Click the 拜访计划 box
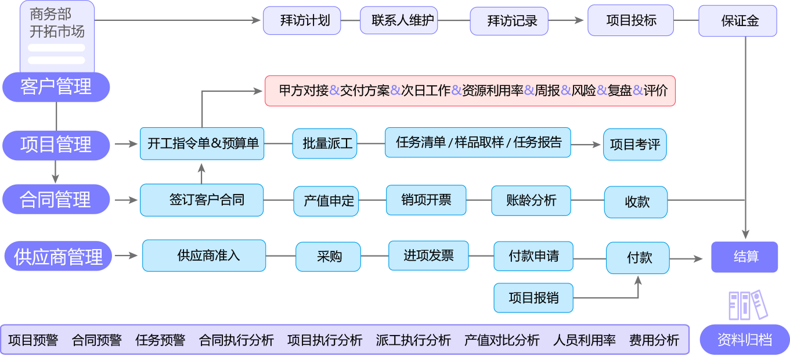coord(302,21)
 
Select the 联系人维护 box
coord(399,21)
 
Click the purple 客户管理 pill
coord(56,87)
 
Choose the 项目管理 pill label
coord(56,145)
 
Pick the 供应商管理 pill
coord(58,257)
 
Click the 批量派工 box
coord(328,143)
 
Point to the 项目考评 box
coord(635,145)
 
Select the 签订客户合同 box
coord(201,200)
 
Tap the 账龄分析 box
coord(531,200)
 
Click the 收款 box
coord(636,202)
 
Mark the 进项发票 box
coord(428,255)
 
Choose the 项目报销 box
coord(533,298)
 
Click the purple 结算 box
coord(745,257)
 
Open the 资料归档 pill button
coord(745,340)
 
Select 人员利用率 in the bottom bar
coord(584,340)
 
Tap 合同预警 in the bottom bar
coord(96,340)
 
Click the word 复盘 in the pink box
coord(619,91)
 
